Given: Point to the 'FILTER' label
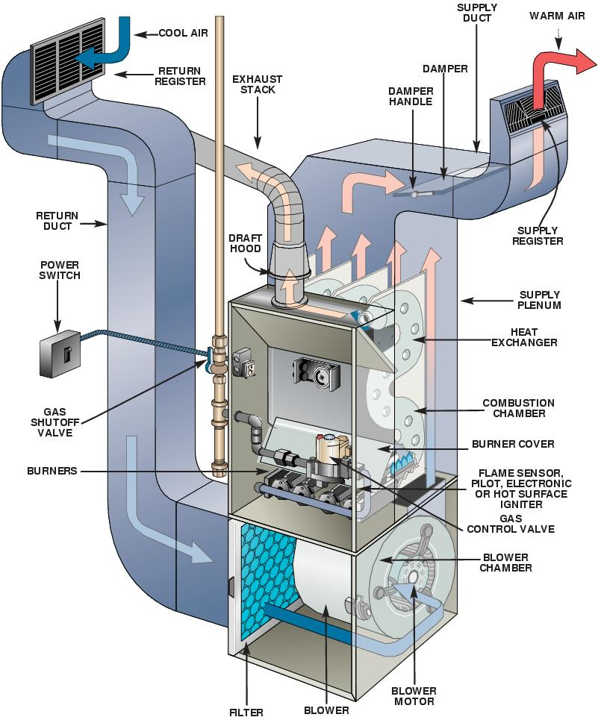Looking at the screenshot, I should [246, 712].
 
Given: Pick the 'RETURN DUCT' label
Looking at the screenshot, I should [57, 222].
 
